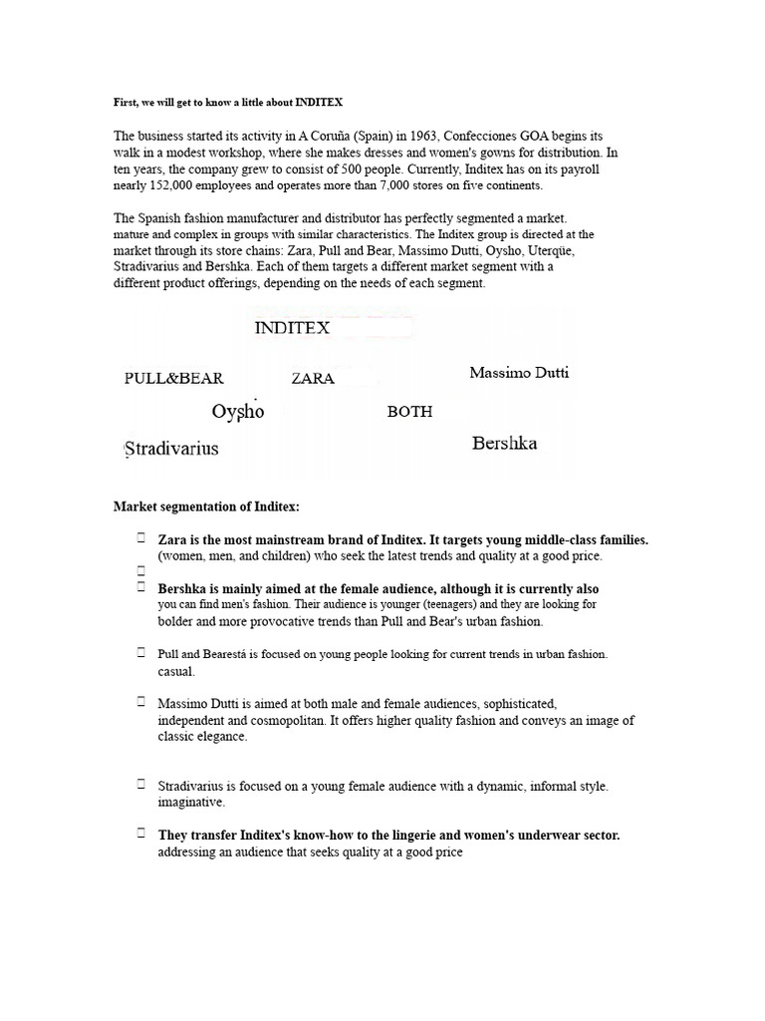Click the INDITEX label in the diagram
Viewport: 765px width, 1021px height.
(x=292, y=328)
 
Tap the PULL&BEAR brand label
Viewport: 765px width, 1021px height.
(x=174, y=379)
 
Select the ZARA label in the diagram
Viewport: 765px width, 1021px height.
(x=313, y=379)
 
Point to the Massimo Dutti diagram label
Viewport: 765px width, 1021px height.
(x=520, y=373)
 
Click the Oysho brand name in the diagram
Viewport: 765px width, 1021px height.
(x=238, y=411)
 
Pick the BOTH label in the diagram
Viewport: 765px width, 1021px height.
(x=409, y=412)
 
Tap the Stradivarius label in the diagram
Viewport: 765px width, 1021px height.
(x=171, y=448)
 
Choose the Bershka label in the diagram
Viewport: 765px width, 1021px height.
(x=504, y=444)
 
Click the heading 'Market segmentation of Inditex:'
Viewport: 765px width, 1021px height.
(x=206, y=508)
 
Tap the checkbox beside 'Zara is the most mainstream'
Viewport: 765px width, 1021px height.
(x=141, y=538)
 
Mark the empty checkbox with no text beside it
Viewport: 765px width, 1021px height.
(x=141, y=571)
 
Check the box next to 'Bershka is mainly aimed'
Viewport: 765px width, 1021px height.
(x=141, y=587)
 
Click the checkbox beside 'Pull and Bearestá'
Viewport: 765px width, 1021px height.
(x=141, y=652)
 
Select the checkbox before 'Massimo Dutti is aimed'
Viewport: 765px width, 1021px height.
(x=141, y=703)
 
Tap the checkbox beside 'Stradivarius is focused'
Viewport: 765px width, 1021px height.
(x=141, y=784)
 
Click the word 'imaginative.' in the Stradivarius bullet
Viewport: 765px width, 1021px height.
(x=191, y=802)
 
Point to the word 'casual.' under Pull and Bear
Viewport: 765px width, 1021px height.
(x=176, y=671)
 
